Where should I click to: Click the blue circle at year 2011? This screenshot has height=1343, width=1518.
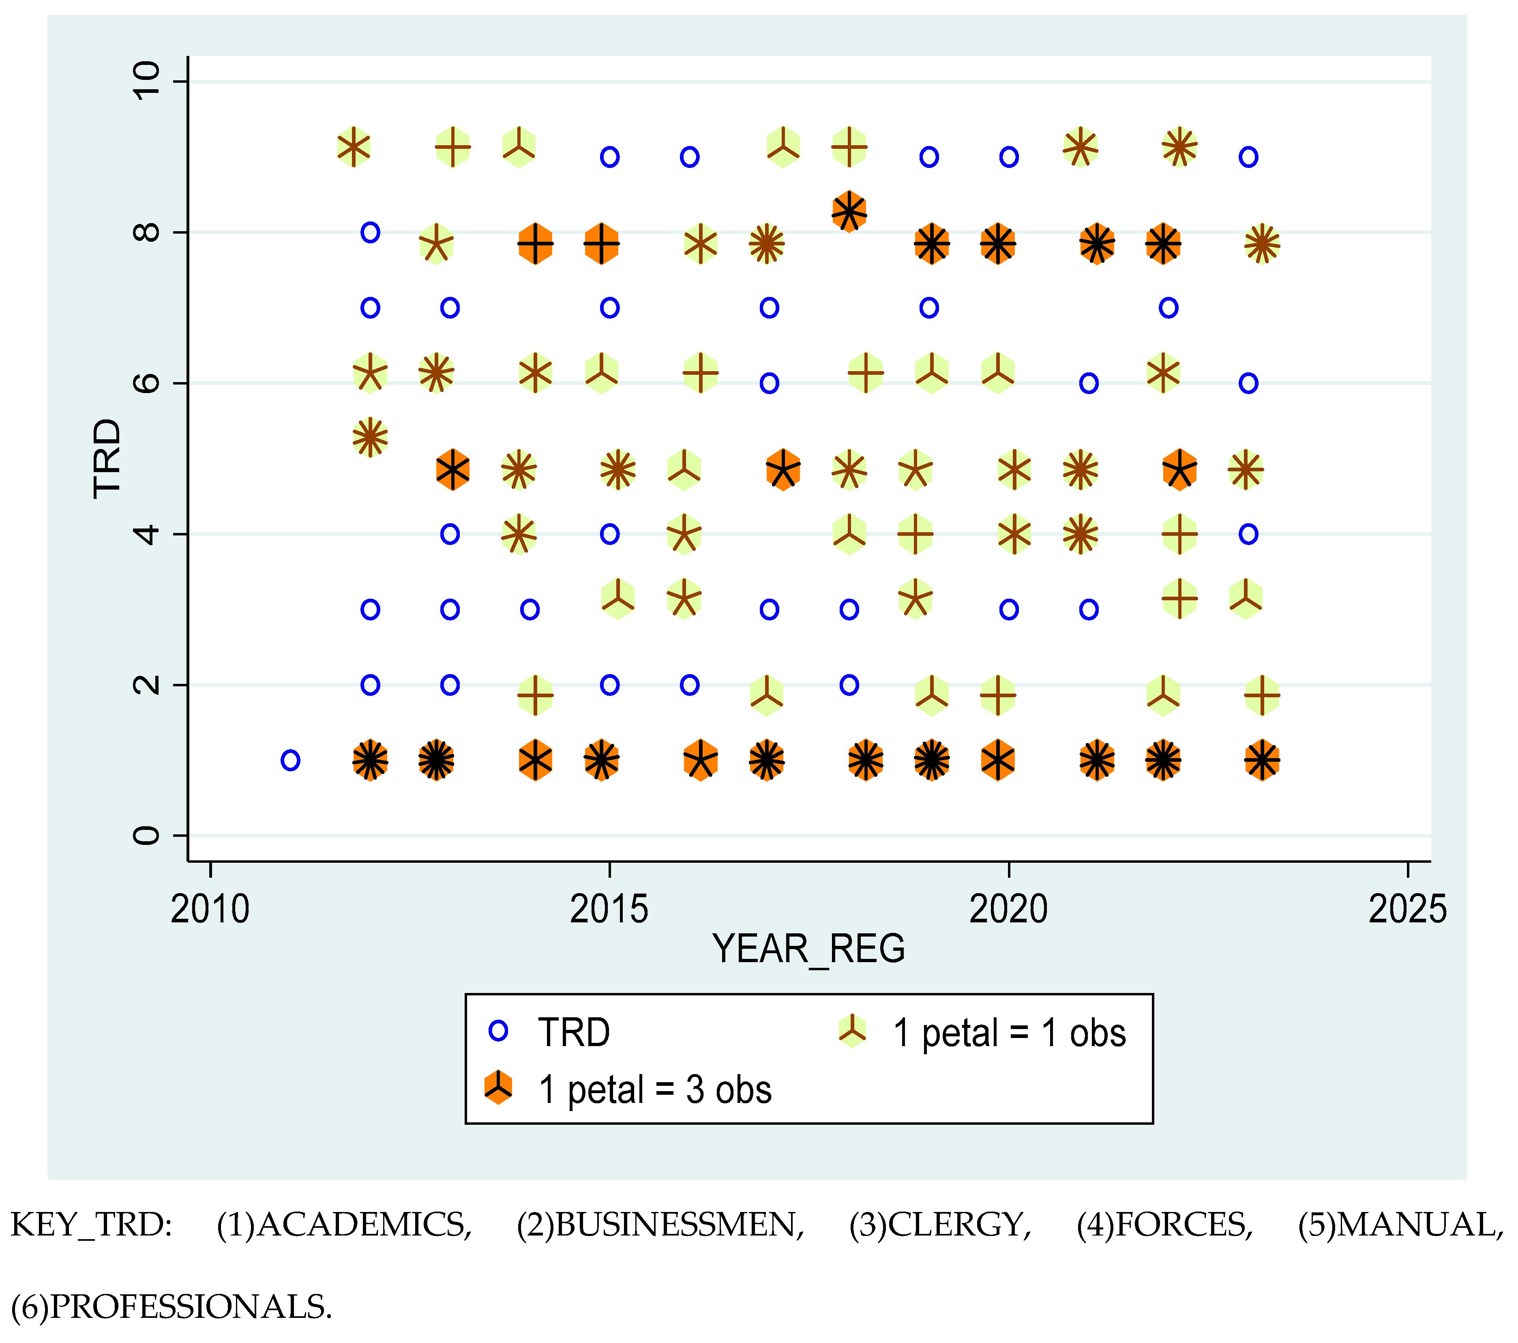[290, 760]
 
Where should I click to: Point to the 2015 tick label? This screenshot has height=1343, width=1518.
[609, 909]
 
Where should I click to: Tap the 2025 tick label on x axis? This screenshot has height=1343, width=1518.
[1407, 909]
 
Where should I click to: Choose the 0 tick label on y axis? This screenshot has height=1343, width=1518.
[146, 836]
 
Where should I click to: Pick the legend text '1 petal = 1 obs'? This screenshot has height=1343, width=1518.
[1009, 1033]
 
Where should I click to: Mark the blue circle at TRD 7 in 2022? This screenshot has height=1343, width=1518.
[1168, 307]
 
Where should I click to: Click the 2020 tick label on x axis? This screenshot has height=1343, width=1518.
[1008, 909]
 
